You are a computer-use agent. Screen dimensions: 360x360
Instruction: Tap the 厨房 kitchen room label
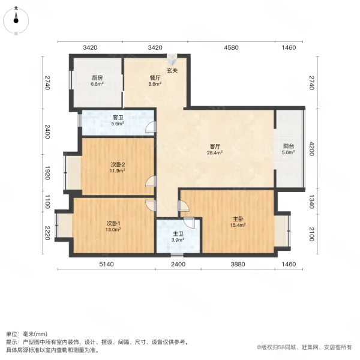tap(97, 77)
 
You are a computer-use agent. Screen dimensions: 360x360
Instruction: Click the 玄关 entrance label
tap(172, 71)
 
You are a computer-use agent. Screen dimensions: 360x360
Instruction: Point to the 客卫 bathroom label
tap(118, 118)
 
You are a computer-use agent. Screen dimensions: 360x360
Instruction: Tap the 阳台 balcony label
tap(289, 146)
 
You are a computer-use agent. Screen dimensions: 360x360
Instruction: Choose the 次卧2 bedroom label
tap(118, 164)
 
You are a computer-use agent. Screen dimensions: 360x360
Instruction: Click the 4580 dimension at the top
tap(231, 47)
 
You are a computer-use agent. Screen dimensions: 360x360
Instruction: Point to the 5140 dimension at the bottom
tap(106, 265)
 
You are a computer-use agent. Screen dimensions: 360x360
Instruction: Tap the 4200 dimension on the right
tap(312, 148)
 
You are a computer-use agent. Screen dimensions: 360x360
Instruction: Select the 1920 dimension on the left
tap(47, 174)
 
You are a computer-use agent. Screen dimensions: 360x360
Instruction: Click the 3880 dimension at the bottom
tap(239, 265)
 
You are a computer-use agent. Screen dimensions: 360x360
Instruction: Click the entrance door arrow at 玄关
tap(173, 60)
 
